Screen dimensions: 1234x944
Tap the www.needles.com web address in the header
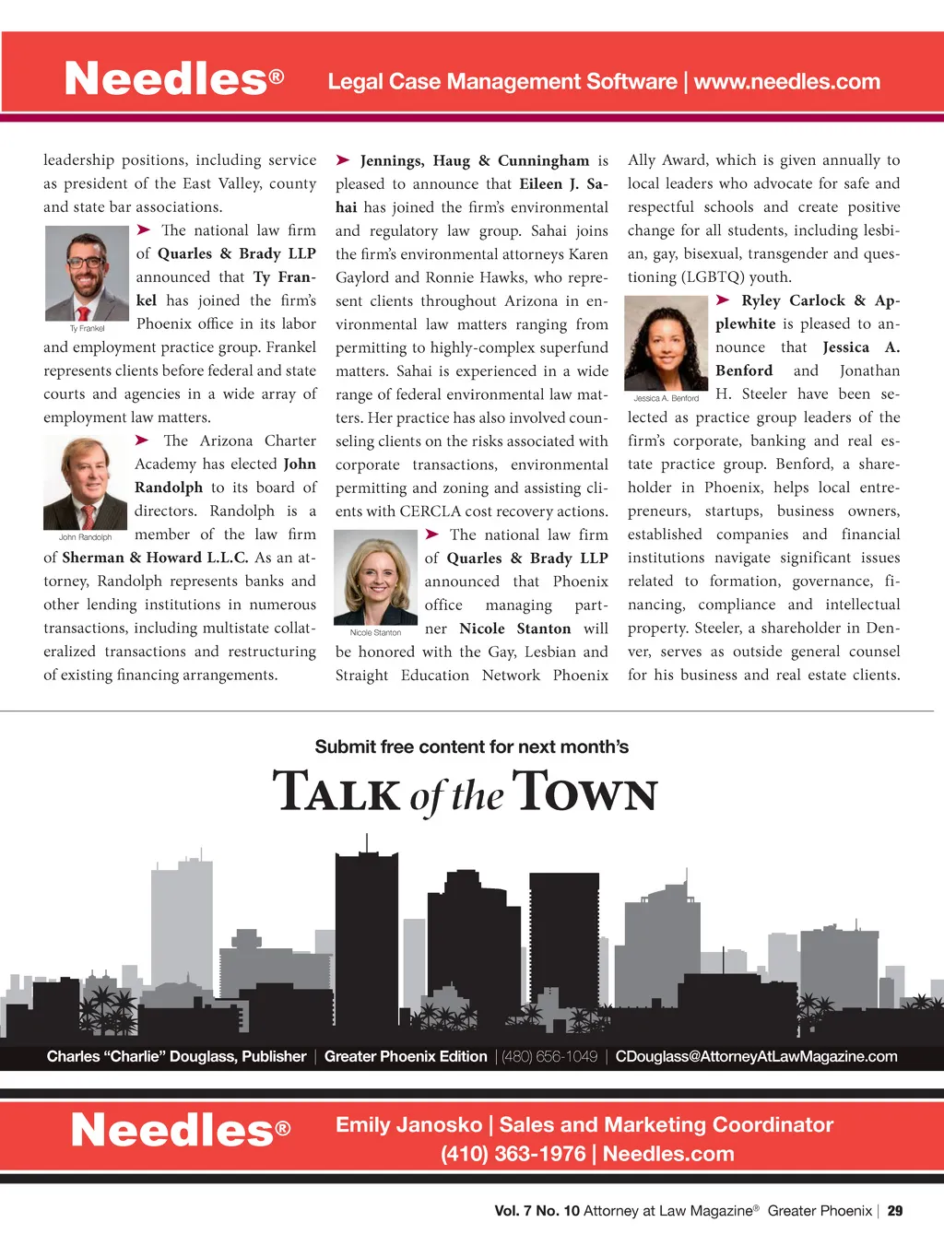click(x=787, y=82)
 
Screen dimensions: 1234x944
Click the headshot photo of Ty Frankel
click(x=87, y=274)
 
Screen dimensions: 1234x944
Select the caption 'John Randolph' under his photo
click(x=85, y=537)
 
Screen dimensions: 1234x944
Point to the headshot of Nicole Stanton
click(x=375, y=578)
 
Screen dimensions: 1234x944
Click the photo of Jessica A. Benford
click(x=666, y=343)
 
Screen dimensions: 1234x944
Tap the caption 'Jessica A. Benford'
click(x=666, y=398)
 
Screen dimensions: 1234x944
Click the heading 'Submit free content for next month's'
click(x=471, y=746)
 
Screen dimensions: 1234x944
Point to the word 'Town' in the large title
click(x=584, y=793)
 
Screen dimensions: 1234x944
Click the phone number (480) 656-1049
click(x=549, y=1056)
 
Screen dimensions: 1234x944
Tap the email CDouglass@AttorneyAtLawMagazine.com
click(x=756, y=1056)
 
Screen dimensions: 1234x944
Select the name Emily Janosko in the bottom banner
click(x=408, y=1124)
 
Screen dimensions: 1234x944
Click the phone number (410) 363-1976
click(x=513, y=1154)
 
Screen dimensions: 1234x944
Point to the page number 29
click(x=894, y=1211)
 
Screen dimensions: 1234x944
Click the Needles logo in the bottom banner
click(x=181, y=1130)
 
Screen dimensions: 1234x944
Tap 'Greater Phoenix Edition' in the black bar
click(x=406, y=1056)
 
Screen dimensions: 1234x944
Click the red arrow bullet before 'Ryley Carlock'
click(x=724, y=300)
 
